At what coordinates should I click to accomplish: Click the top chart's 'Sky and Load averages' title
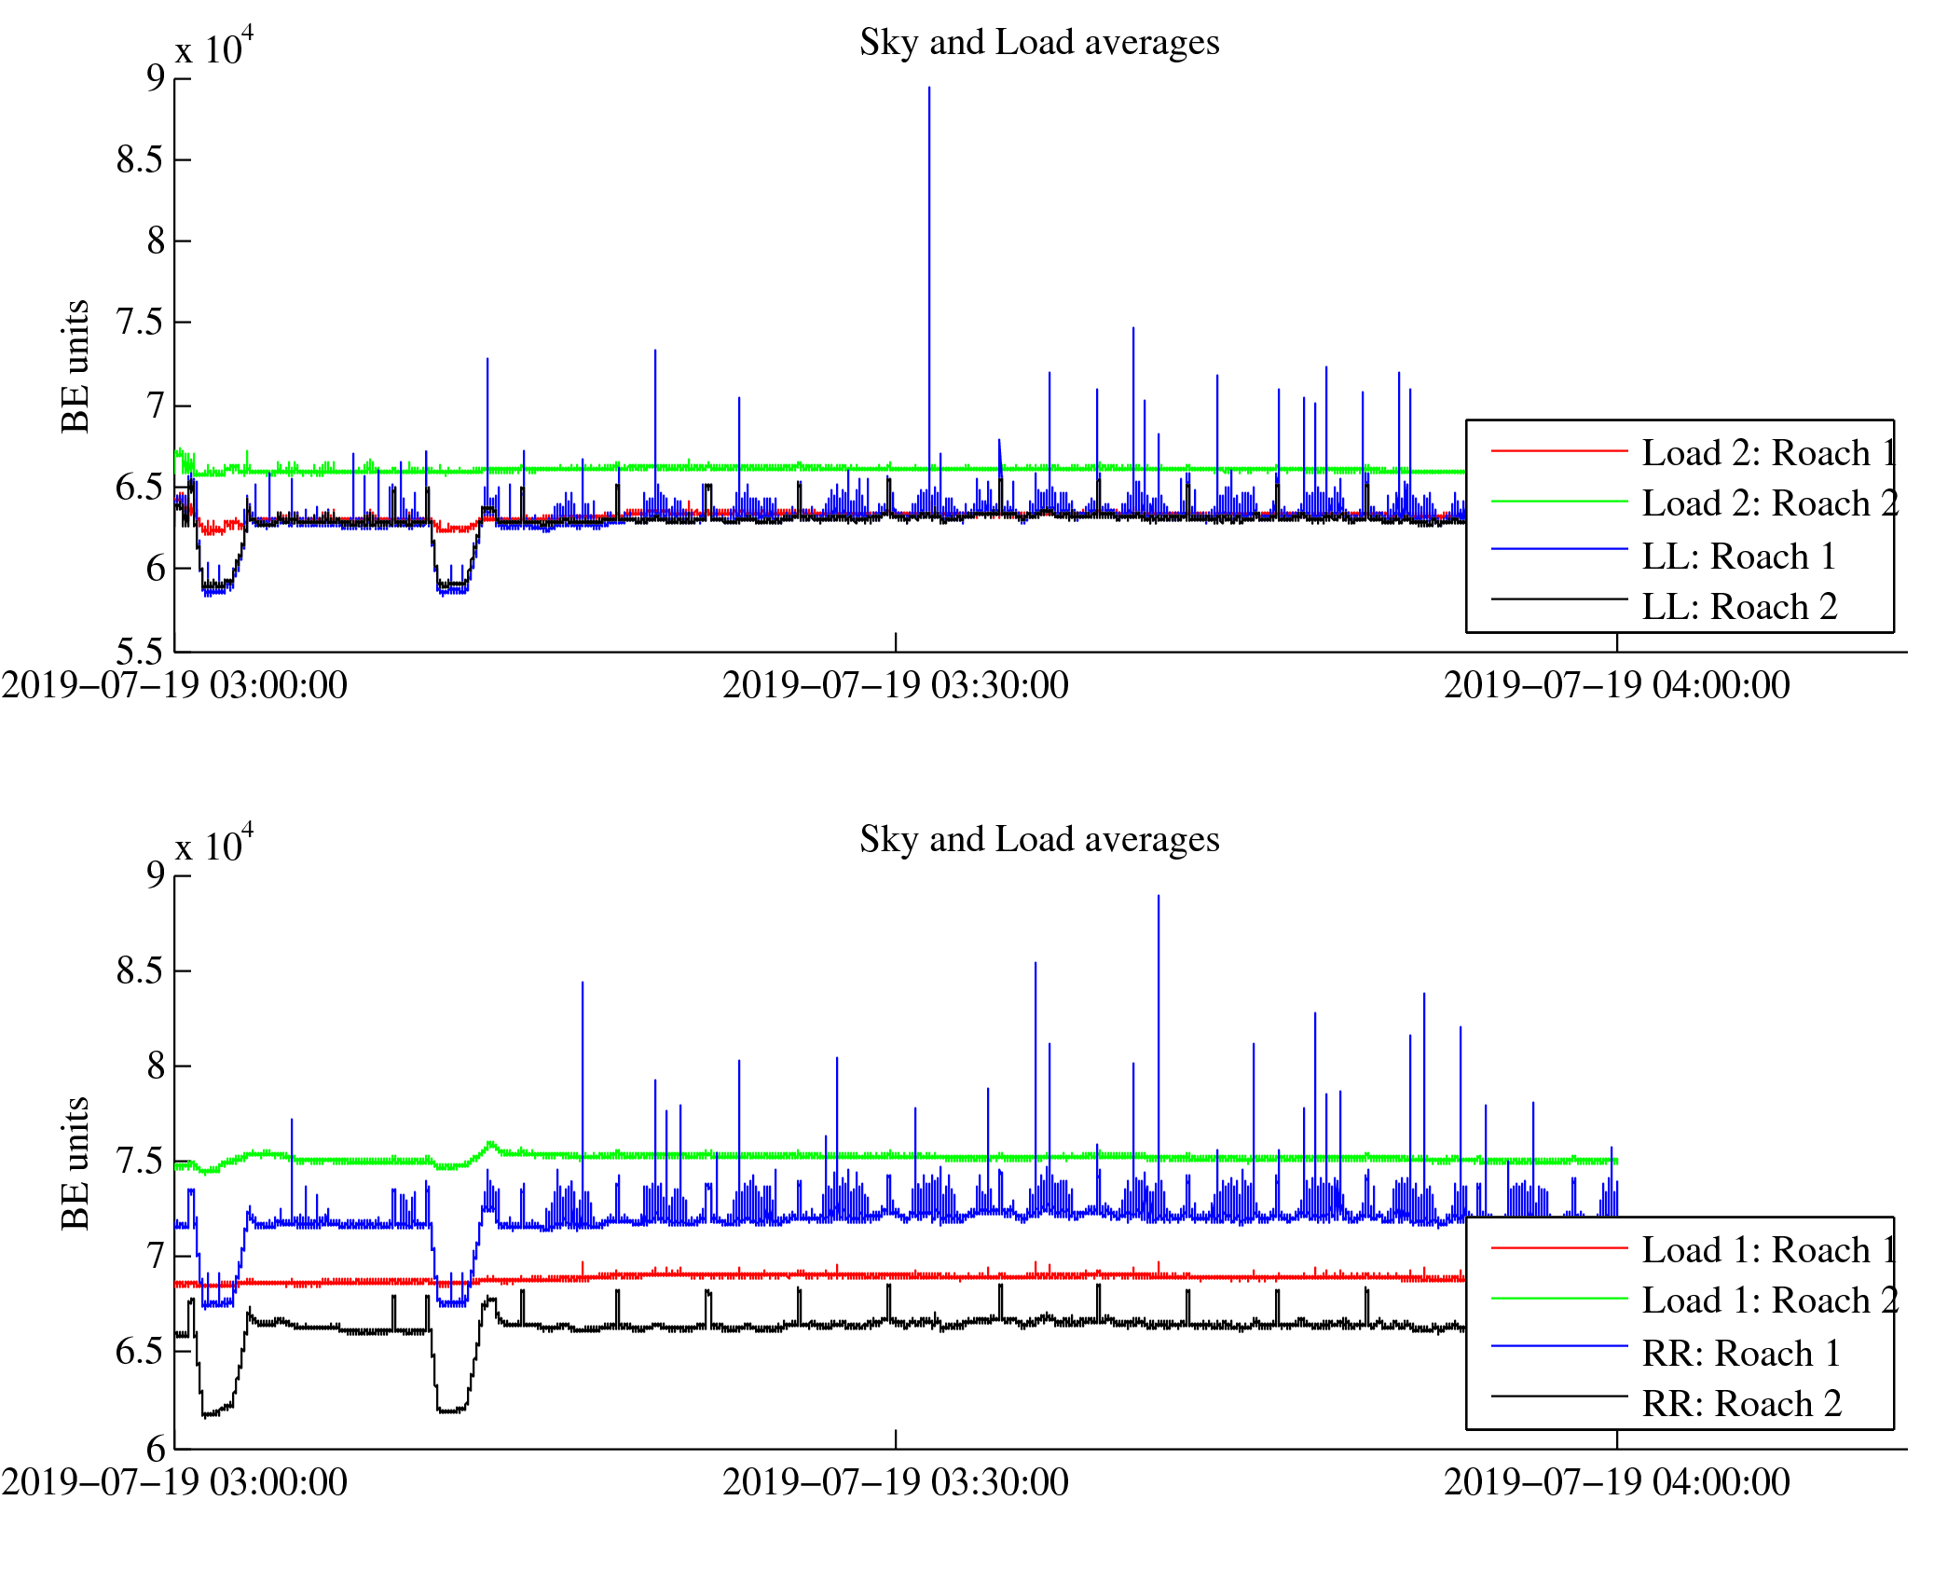point(1038,43)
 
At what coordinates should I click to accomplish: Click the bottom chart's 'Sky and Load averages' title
point(1038,840)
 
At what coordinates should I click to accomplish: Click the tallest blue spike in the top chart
point(928,89)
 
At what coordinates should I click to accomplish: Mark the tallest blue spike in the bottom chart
point(1158,898)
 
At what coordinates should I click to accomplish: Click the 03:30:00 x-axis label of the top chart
point(895,686)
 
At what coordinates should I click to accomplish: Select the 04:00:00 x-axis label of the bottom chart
point(1616,1483)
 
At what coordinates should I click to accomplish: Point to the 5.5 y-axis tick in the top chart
point(140,651)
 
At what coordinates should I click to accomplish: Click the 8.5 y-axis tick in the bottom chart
point(140,971)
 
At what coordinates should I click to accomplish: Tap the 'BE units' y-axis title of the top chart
point(75,366)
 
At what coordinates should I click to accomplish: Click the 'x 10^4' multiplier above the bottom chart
point(213,845)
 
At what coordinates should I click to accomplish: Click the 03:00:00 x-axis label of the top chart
point(174,686)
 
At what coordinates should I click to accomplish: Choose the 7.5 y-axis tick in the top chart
point(140,323)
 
